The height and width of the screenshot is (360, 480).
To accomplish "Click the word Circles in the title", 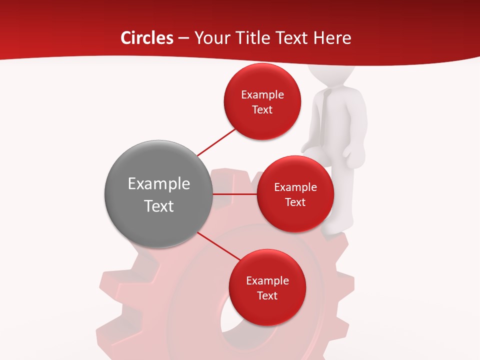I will (147, 38).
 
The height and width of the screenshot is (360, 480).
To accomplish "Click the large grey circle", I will (158, 194).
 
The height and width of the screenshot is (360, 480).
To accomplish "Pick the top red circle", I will (262, 101).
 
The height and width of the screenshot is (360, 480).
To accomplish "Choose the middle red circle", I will (295, 194).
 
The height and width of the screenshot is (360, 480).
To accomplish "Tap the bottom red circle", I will (267, 287).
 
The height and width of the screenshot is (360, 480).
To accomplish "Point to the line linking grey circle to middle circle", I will (235, 194).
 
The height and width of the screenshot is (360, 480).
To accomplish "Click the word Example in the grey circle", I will (158, 184).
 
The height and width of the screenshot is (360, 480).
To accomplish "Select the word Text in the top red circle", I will (262, 109).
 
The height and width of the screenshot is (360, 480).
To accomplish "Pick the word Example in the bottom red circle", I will (267, 280).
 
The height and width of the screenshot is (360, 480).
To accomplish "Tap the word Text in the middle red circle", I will (295, 202).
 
